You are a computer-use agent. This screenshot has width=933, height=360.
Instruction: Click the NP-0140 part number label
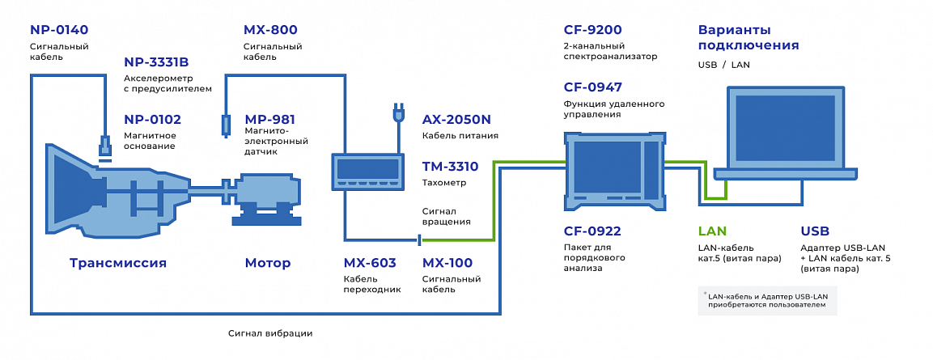59,30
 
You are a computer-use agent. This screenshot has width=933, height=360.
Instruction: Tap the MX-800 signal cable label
270,30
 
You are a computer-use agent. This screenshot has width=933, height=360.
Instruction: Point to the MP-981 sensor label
269,119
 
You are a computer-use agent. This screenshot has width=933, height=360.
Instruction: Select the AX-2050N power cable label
456,119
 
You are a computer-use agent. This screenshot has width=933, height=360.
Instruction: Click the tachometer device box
367,170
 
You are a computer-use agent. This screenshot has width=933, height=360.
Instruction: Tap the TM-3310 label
450,167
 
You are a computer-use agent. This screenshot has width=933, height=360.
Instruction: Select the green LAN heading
712,231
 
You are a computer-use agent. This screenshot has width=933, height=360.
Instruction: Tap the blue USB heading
815,231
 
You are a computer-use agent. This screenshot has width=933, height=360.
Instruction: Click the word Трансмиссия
118,263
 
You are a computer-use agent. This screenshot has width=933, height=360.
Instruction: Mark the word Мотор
267,263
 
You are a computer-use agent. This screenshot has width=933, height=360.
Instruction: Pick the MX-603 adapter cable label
370,263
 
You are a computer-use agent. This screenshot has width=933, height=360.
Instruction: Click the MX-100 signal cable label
447,263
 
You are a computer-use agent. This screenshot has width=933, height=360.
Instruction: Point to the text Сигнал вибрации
269,333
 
